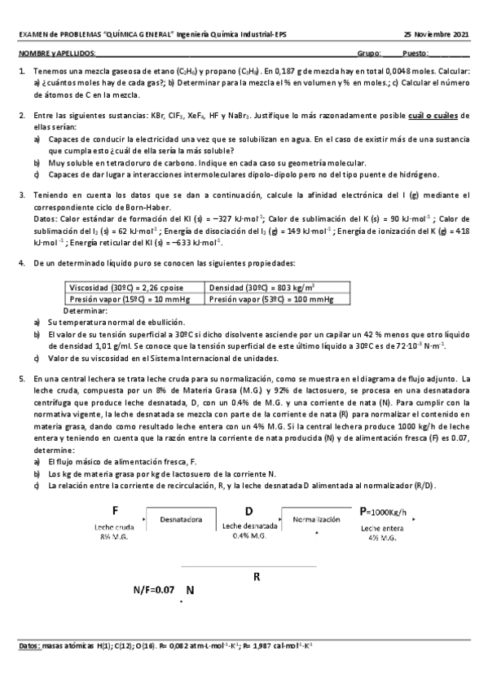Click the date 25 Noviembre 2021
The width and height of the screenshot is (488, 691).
coord(436,35)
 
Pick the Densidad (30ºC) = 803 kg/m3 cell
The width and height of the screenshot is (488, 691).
coord(262,288)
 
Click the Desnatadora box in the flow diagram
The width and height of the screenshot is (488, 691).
coord(181,517)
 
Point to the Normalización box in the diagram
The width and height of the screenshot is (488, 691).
coord(316,517)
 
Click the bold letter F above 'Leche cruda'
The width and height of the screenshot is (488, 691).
coord(117,510)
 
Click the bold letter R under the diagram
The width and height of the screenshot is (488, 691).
coord(257,576)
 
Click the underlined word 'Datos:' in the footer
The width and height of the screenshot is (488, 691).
coord(29,645)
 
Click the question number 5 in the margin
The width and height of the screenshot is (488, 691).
coord(21,378)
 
